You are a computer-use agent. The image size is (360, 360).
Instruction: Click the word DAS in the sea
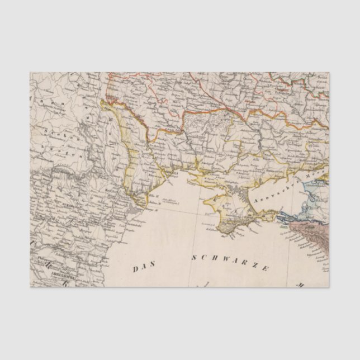(144, 269)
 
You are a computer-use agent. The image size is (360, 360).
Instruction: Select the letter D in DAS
(136, 269)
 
